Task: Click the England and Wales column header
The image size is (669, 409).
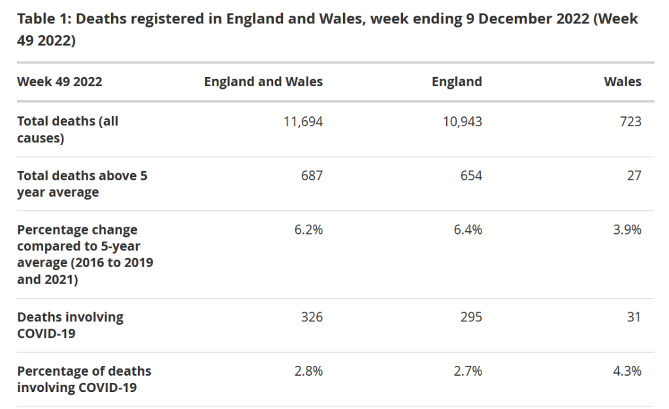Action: point(263,82)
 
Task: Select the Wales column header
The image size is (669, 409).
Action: point(623,82)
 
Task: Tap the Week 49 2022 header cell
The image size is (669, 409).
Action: point(59,82)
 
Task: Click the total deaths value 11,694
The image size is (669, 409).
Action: point(303,121)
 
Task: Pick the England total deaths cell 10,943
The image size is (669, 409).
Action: point(463,121)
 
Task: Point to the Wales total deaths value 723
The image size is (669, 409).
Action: point(631,121)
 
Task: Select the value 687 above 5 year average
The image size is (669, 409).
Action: point(312,175)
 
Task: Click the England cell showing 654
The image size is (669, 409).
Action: point(471,175)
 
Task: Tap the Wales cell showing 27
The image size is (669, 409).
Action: point(634,175)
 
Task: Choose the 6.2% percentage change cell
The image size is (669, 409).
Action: point(308,229)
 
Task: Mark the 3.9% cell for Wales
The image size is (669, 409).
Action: point(627,229)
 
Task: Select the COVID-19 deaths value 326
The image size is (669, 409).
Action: point(312,317)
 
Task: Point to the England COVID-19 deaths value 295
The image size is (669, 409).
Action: point(471,317)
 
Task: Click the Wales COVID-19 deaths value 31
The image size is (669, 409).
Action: point(634,317)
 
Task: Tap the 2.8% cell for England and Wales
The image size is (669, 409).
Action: point(308,371)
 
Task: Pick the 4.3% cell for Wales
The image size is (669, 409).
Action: point(627,371)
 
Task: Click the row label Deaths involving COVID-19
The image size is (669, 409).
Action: point(70,325)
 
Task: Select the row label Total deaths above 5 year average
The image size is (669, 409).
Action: point(82,184)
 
